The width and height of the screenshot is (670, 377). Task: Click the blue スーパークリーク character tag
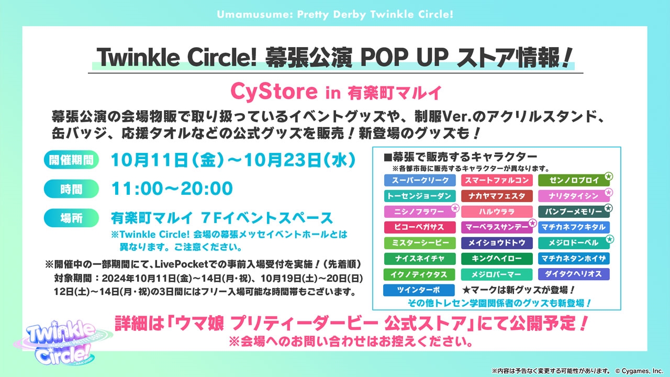coord(420,180)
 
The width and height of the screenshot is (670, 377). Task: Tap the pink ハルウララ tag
coord(497,212)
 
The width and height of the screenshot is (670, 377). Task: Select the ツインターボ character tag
coord(419,290)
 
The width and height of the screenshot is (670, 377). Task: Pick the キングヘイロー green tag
coord(497,259)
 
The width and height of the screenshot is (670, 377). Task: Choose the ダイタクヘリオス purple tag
coord(574,274)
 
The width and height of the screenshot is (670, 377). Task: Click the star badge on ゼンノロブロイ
coord(608,176)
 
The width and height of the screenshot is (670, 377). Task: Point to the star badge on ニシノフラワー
coord(455,208)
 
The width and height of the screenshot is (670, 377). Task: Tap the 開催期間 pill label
coord(71,160)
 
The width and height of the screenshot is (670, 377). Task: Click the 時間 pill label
coord(71,189)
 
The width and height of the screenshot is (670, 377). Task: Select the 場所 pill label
coord(71,218)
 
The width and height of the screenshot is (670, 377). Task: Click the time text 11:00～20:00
coord(172,188)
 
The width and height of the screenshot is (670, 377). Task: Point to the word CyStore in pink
coord(274,92)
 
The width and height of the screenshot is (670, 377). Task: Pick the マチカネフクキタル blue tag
coord(574,227)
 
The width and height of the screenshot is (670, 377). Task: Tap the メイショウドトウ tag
coord(497,243)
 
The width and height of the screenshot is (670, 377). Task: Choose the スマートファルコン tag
coord(497,180)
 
